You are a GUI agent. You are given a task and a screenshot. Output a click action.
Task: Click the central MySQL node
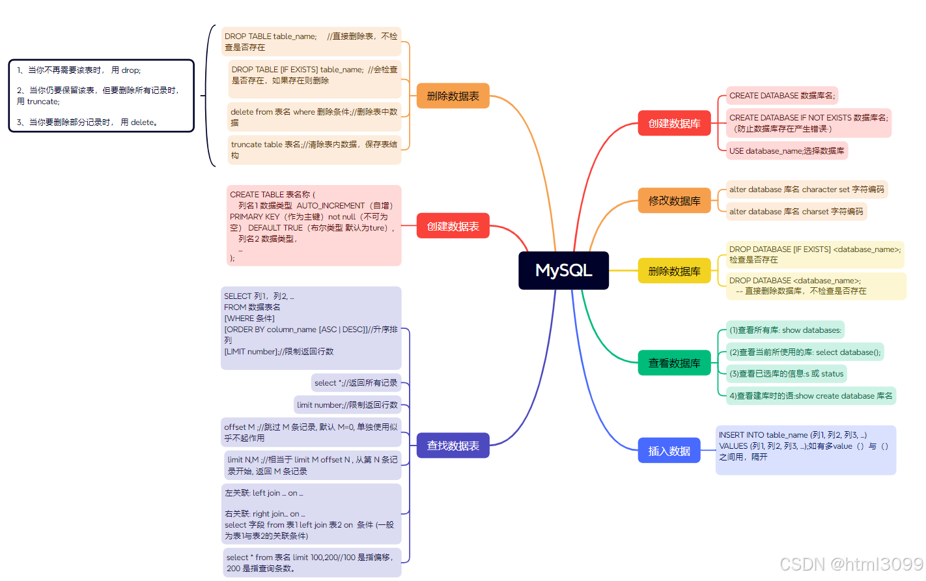(563, 270)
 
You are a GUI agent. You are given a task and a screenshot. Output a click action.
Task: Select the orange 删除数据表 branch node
(453, 96)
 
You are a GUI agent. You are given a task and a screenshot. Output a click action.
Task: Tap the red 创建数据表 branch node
(453, 226)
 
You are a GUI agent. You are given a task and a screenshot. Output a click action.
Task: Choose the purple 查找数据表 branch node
(453, 446)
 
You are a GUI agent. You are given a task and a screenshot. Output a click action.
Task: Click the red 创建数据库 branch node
(674, 123)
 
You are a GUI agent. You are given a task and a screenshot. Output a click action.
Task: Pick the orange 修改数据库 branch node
(674, 201)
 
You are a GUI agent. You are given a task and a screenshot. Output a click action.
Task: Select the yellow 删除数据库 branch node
(674, 271)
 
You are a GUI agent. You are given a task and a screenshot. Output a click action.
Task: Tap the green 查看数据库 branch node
(674, 363)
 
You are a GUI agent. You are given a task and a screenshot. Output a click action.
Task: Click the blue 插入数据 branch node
(669, 451)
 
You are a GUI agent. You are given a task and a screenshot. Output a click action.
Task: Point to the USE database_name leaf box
(787, 150)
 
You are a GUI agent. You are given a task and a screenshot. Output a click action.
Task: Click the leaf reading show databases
(785, 330)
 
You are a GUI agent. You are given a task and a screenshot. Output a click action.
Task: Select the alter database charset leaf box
(796, 212)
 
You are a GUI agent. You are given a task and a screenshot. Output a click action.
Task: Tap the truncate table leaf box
(314, 150)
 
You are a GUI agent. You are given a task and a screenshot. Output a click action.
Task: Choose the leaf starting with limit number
(347, 405)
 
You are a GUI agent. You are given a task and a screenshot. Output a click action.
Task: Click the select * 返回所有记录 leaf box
(356, 383)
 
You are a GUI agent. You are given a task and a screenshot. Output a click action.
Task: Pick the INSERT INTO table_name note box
(806, 449)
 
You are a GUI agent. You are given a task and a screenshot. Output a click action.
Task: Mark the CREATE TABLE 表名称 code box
(314, 225)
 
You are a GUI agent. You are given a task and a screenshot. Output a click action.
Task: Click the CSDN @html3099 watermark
(851, 564)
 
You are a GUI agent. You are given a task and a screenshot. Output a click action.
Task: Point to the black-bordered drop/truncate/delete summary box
(102, 96)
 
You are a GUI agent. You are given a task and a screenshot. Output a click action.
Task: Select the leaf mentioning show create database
(811, 395)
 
